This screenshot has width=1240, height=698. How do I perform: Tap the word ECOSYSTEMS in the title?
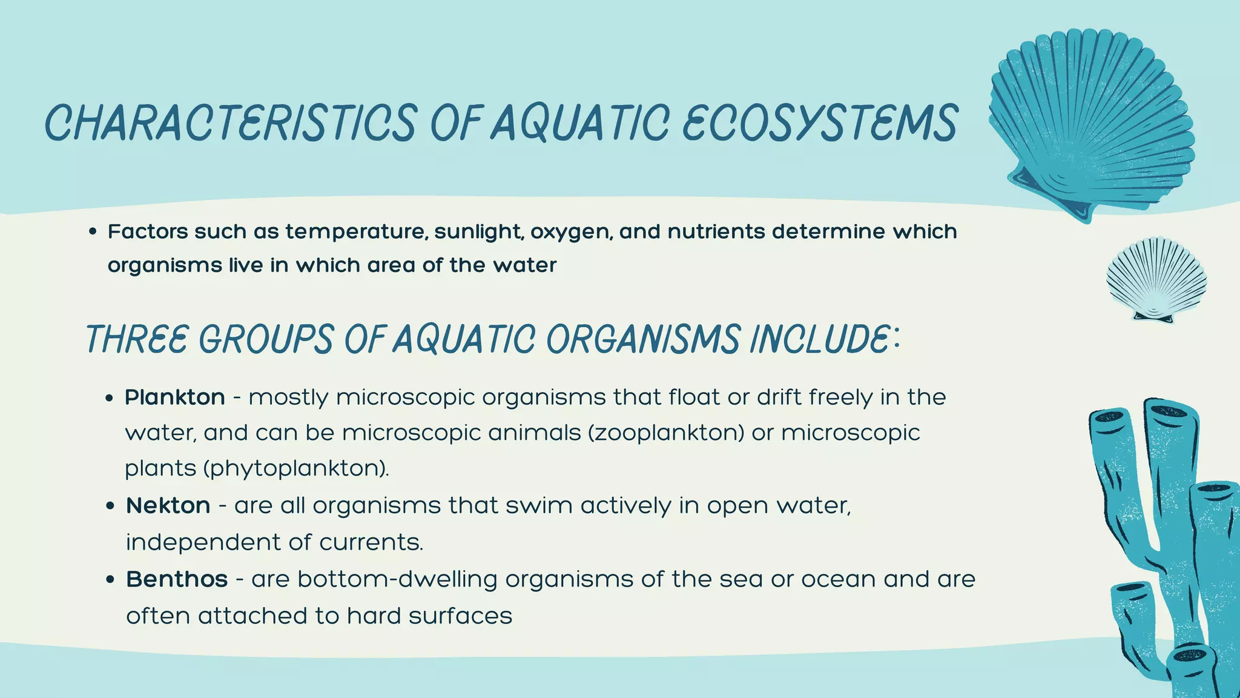click(820, 123)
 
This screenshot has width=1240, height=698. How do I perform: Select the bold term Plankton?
click(175, 397)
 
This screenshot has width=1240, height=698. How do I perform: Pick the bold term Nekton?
click(168, 505)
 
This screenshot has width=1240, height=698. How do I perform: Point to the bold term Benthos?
click(177, 579)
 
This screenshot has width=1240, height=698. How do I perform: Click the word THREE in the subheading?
click(137, 339)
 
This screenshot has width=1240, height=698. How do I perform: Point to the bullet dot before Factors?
click(93, 232)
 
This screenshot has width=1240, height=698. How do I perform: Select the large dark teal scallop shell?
click(1090, 124)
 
